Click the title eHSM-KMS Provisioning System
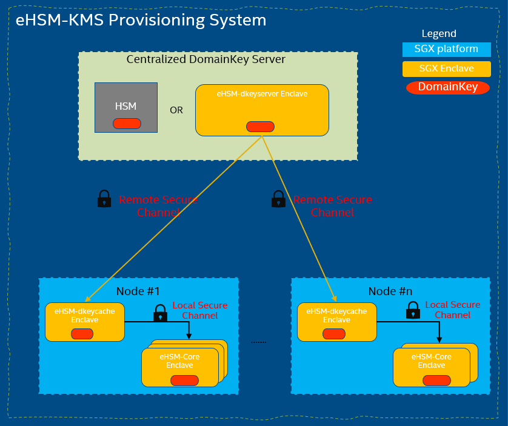click(141, 20)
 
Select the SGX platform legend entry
click(446, 50)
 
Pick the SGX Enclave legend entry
click(446, 68)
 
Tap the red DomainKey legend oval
click(448, 87)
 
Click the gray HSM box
click(126, 107)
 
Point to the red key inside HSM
click(127, 124)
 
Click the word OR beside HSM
click(176, 110)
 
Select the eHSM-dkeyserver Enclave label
click(262, 94)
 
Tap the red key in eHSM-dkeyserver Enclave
click(260, 126)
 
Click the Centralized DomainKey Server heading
click(206, 59)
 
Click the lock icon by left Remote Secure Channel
click(104, 199)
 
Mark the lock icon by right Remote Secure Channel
click(279, 199)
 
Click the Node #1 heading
click(138, 291)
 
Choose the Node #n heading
click(390, 291)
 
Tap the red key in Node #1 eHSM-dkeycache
click(82, 334)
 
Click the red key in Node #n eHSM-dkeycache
click(334, 334)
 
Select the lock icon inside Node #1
click(161, 313)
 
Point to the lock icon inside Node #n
click(413, 310)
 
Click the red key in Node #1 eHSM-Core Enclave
click(185, 381)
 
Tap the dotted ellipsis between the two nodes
click(258, 342)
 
